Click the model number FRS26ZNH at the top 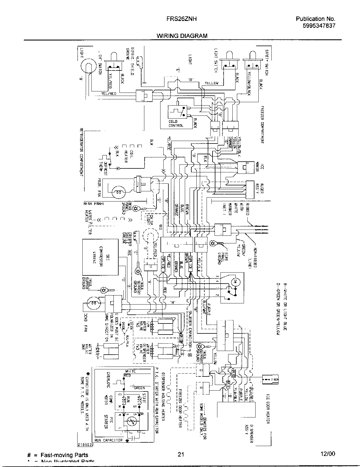(181, 19)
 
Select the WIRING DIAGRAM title (182, 36)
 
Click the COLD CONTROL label (176, 123)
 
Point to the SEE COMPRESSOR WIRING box (100, 257)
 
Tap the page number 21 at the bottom (181, 455)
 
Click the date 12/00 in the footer (328, 454)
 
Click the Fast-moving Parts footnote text (64, 455)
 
